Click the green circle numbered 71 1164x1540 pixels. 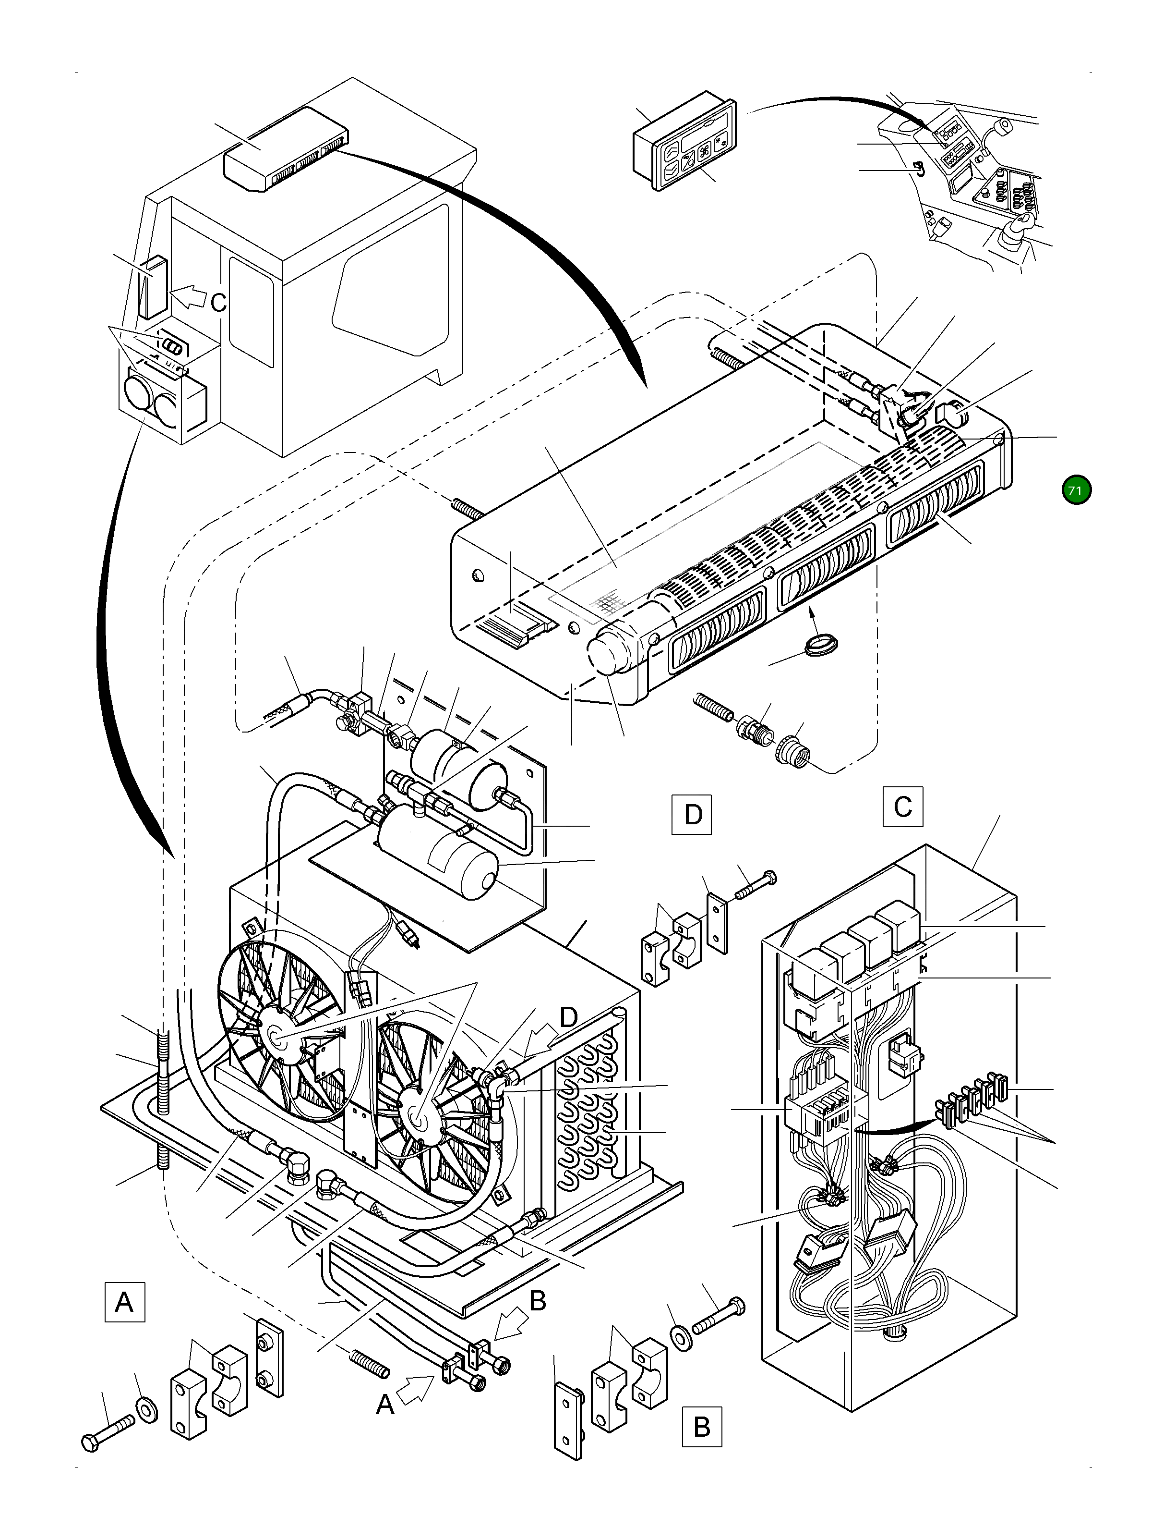[1076, 490]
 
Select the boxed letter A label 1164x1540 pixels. [124, 1301]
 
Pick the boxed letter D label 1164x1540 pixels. [692, 813]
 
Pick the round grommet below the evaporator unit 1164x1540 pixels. [821, 643]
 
